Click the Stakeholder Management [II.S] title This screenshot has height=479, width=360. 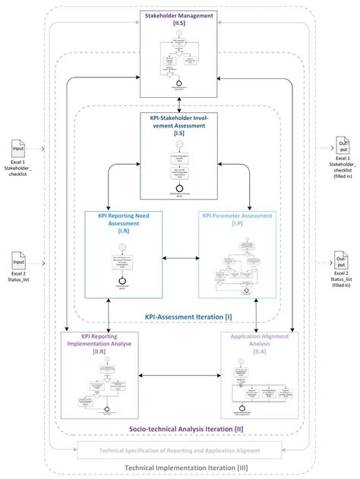pyautogui.click(x=180, y=19)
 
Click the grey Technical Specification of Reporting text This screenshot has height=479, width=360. pyautogui.click(x=180, y=450)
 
